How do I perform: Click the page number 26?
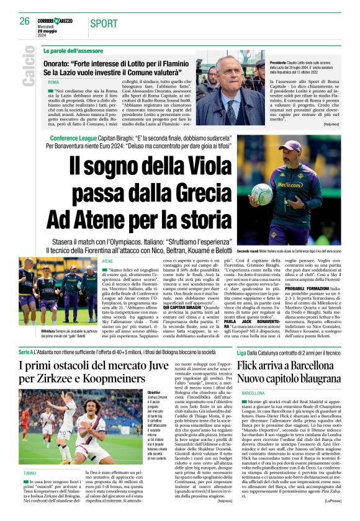(25, 21)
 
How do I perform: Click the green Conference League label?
(73, 138)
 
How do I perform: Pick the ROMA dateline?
(54, 82)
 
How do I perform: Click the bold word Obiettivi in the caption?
(154, 393)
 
